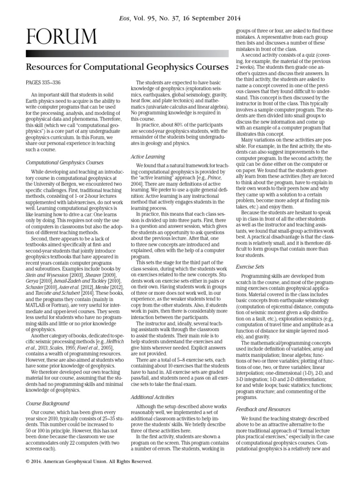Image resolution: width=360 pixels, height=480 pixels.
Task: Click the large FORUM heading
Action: point(62,37)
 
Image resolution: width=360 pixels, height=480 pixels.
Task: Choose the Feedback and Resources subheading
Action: point(263,409)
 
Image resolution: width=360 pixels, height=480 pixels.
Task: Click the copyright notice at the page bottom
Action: point(90,461)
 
